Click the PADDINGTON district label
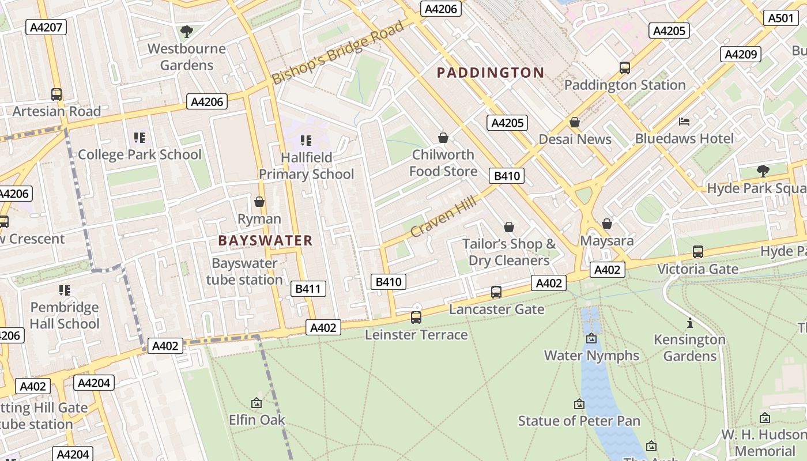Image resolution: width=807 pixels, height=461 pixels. pos(490,73)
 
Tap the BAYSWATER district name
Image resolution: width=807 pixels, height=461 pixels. pos(265,241)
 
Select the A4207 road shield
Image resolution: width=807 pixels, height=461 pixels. pos(46,27)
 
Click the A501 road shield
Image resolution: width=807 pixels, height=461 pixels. pos(781,18)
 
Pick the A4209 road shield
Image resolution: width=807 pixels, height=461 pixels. pos(740,54)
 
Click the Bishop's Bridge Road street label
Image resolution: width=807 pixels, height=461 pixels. pos(338,53)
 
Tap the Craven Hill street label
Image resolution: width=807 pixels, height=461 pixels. pos(443,216)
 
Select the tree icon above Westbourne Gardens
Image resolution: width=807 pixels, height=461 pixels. pos(186,32)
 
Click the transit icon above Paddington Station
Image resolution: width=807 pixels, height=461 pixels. pos(625,68)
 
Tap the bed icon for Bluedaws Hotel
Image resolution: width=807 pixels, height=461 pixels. pos(684,122)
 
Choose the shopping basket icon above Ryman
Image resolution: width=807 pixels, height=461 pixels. pos(259,202)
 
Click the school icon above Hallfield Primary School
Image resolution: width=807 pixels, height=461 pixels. pos(306,140)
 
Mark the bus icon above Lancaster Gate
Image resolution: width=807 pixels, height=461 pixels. pos(496,292)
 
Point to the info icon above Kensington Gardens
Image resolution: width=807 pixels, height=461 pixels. pos(689,323)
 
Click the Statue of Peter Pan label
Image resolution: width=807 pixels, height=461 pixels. pos(579,421)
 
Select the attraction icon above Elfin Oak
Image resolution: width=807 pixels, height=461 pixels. pos(257,403)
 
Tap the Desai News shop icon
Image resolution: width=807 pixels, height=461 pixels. pos(574,122)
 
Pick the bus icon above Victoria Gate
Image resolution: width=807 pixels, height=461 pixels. pos(697,252)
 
